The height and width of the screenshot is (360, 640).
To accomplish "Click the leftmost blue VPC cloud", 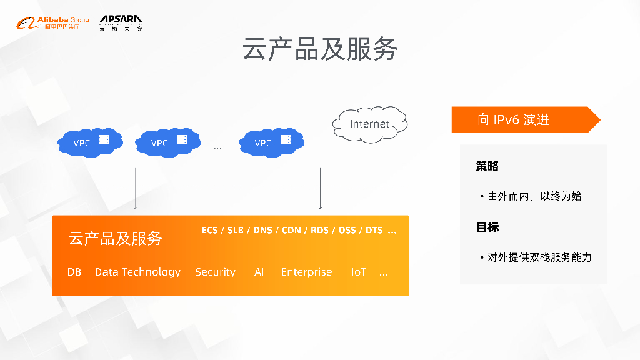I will coord(89,142).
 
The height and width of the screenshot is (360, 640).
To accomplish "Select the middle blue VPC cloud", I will coord(167,142).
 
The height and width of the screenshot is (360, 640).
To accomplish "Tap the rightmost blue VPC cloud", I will coord(271,142).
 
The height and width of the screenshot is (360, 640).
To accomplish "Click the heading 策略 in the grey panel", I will coord(487,166).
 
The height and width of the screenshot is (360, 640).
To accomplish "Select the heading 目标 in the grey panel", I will coord(487,227).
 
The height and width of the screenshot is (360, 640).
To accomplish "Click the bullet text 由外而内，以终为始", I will coord(534,196).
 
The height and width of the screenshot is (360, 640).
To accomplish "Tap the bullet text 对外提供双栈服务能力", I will coord(539,257).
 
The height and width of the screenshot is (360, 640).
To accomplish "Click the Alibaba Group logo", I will coord(52,24).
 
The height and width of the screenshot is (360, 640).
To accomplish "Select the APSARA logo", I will coord(121,24).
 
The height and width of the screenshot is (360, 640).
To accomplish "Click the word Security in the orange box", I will coord(215,272).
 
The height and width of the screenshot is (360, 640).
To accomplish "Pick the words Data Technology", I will coord(137,272).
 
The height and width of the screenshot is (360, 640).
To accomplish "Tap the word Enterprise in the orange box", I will coord(306,272).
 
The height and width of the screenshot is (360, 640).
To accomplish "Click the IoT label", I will coord(359,272).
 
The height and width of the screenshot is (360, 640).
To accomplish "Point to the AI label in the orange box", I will coord(259,272).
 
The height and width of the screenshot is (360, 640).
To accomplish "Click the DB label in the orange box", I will coord(74,272).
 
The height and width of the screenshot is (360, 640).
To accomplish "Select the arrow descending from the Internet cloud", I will coord(320,188).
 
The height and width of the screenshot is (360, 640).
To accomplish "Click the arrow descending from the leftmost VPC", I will coord(135,188).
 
